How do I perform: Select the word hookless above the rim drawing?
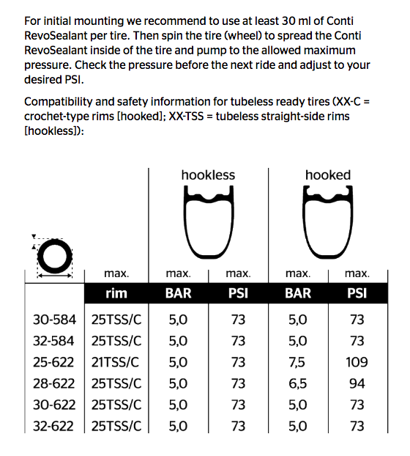[x=209, y=175]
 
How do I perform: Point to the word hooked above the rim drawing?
[x=327, y=175]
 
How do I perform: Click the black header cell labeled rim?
[x=116, y=293]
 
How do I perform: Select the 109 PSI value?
[x=357, y=362]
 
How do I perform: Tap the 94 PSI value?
[x=357, y=383]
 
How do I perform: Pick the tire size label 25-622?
[x=55, y=362]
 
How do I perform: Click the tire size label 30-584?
[x=55, y=320]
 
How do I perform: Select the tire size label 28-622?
[x=55, y=383]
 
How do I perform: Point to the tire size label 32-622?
[x=55, y=426]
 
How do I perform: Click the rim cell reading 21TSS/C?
[x=116, y=362]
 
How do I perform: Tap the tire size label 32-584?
[x=55, y=341]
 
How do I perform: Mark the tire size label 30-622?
[x=55, y=405]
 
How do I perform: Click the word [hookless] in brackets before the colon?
[x=52, y=131]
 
